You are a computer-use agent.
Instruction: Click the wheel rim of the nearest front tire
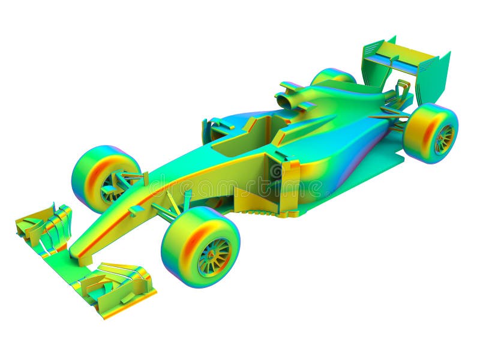point(214,257)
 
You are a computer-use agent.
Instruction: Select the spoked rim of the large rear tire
point(444,139)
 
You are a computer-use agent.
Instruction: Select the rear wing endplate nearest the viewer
point(433,78)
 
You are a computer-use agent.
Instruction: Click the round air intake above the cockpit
point(283,101)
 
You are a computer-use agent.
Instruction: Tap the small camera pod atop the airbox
point(291,86)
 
